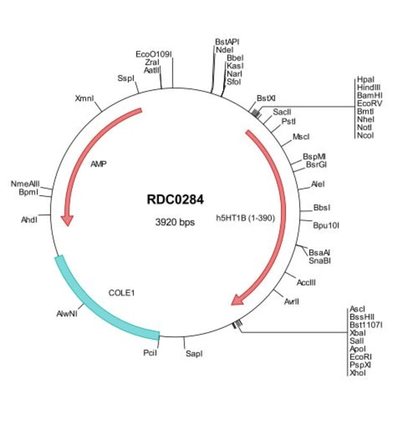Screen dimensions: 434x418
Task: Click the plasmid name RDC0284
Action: pos(176,200)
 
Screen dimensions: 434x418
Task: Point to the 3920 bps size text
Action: pos(175,222)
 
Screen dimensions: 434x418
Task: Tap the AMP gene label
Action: pos(98,164)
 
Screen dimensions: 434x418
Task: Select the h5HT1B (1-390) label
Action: pos(245,218)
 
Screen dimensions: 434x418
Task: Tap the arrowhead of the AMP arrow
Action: pos(66,220)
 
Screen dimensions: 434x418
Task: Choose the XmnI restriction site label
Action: pos(84,99)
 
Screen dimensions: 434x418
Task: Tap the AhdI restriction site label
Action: pos(30,220)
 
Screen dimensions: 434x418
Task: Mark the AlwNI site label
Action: pos(66,314)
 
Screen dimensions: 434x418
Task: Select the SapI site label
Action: pos(194,353)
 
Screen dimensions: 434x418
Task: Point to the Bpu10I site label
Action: pos(326,225)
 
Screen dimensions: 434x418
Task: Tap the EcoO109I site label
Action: pos(154,55)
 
